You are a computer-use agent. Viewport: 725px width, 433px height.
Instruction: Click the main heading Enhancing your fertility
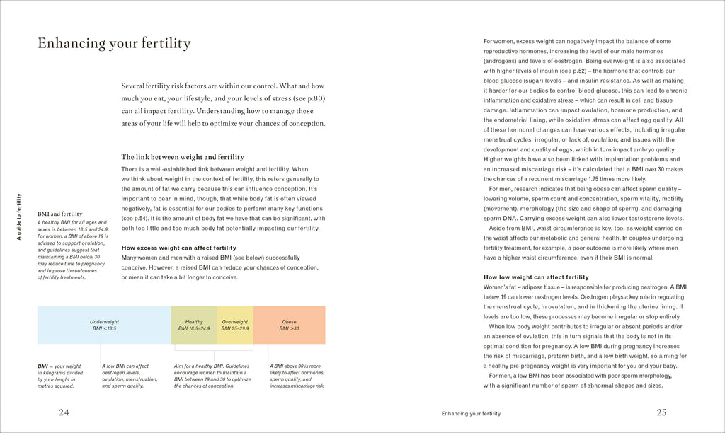pos(114,44)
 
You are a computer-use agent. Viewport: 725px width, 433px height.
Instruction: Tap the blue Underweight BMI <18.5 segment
pos(103,325)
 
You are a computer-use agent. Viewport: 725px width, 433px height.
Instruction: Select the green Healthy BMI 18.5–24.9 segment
pos(194,325)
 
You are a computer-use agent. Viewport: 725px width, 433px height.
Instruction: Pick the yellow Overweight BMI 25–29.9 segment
pos(235,325)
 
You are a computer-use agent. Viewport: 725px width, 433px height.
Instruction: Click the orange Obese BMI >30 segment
pos(289,325)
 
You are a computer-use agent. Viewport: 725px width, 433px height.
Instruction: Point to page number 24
pos(64,412)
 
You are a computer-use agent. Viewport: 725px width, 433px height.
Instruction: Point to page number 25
pos(661,412)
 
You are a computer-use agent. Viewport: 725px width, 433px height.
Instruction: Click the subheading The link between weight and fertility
pos(183,157)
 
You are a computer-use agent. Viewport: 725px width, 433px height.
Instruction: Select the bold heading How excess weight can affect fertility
pos(178,248)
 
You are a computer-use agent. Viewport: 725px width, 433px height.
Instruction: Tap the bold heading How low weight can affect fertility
pos(535,277)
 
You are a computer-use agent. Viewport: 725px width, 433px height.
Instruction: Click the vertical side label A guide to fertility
pos(19,216)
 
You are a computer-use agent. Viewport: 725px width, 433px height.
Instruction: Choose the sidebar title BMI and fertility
pos(59,214)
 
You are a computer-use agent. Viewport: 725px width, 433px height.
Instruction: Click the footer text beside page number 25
pos(470,413)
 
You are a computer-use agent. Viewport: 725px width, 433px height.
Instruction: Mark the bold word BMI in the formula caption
pos(43,366)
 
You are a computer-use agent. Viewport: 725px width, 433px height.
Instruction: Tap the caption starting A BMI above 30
pos(297,376)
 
